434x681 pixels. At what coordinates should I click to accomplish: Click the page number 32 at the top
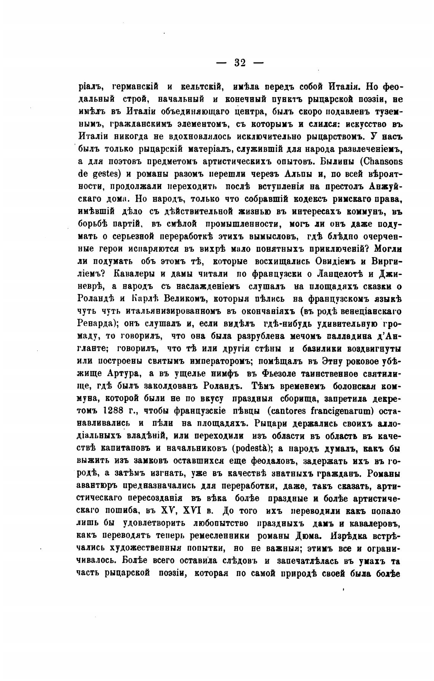[x=240, y=63]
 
